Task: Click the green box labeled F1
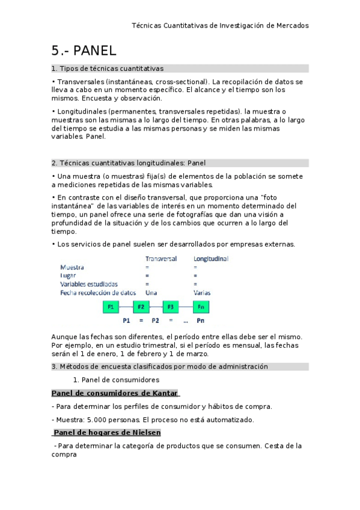(x=111, y=307)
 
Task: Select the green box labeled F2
(x=141, y=307)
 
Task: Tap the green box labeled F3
(x=171, y=307)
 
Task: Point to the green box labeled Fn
(x=201, y=307)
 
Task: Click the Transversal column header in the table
(x=160, y=259)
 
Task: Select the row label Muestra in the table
(x=73, y=266)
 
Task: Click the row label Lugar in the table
(x=68, y=275)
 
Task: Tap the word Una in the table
(x=151, y=292)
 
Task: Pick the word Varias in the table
(x=202, y=292)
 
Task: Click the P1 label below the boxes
(x=126, y=321)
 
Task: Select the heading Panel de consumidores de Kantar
(x=115, y=393)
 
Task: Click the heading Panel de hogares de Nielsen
(x=107, y=432)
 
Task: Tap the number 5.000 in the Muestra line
(x=98, y=419)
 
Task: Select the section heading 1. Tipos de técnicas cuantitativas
(x=108, y=69)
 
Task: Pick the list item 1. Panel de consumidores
(x=116, y=379)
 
